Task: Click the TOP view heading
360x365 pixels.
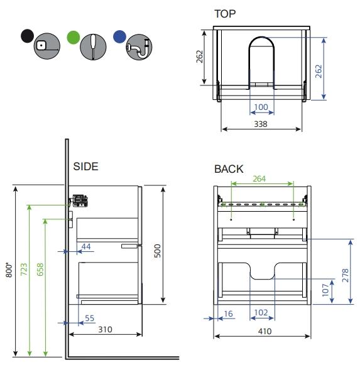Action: [x=225, y=14]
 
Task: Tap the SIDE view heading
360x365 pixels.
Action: [x=85, y=166]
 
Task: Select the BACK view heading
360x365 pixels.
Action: [x=229, y=169]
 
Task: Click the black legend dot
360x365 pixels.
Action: [x=27, y=36]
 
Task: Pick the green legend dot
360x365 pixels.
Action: [x=74, y=37]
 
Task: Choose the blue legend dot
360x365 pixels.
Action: [x=119, y=36]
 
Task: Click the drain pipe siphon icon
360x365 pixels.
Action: [x=139, y=47]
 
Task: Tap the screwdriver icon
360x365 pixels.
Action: [x=93, y=46]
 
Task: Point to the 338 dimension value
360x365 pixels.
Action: [x=261, y=124]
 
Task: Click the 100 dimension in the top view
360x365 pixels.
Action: [x=261, y=107]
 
